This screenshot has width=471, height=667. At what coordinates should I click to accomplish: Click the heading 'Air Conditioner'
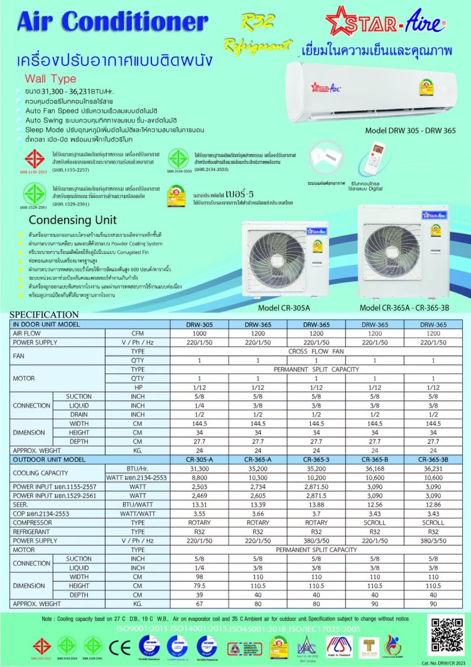[x=112, y=21]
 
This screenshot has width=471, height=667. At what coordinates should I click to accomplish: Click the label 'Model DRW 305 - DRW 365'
[x=418, y=131]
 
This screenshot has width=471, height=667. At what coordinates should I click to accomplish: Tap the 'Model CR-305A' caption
[x=283, y=308]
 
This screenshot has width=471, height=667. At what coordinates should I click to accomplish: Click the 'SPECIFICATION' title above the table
[x=44, y=314]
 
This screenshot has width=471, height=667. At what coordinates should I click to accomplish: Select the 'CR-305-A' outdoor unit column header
[x=199, y=460]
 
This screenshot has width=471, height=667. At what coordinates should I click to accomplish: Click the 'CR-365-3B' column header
[x=433, y=460]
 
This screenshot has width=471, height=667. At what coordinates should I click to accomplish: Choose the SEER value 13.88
[x=316, y=505]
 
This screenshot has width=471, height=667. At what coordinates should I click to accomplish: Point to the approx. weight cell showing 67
[x=199, y=603]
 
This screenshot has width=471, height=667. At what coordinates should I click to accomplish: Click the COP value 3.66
[x=257, y=514]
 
